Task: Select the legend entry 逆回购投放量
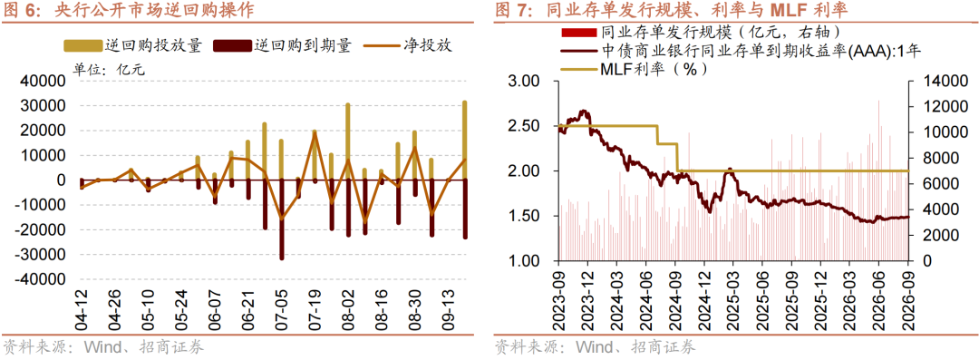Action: point(133,45)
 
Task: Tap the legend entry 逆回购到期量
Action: point(284,45)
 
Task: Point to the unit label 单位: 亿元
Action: point(110,70)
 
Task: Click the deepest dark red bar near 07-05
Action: point(282,219)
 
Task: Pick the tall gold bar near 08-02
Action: point(348,141)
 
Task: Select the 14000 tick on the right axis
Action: point(934,82)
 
